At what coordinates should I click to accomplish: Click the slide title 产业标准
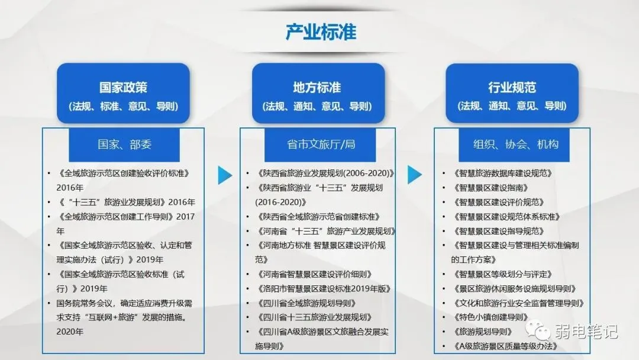pos(321,31)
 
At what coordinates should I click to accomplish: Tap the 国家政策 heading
pos(123,88)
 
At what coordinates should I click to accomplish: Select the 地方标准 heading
pos(317,88)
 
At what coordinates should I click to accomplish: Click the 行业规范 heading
pos(512,88)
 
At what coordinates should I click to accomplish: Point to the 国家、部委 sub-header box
pos(124,144)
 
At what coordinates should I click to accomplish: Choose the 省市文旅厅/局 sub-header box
pos(318,144)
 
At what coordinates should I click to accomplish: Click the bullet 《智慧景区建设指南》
pos(490,188)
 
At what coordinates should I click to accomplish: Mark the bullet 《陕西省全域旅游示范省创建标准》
pos(320,217)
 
